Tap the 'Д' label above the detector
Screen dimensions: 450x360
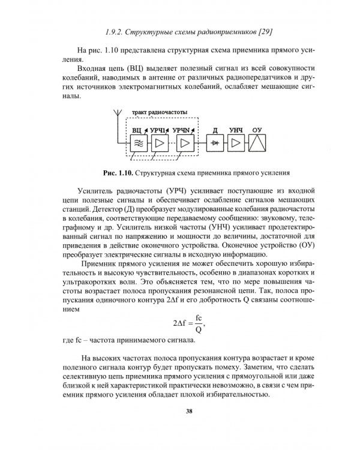coord(214,130)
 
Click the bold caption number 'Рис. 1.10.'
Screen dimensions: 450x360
coord(118,173)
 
